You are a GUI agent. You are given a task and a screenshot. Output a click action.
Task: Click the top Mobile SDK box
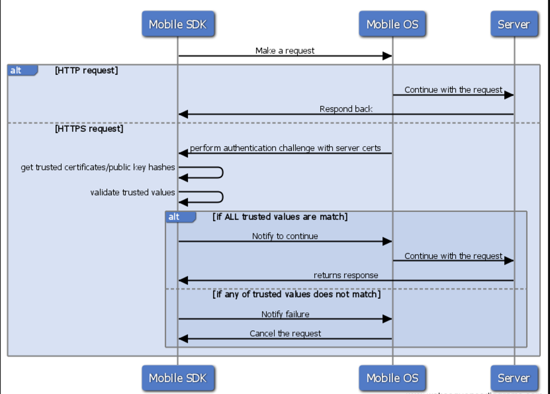(x=178, y=24)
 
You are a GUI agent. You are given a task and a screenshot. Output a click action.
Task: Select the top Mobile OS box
(x=392, y=24)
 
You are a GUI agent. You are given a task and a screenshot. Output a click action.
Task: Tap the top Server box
(x=513, y=24)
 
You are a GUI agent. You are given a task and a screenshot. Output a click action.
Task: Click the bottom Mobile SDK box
(x=178, y=378)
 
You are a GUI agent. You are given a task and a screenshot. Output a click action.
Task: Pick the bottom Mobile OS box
(x=392, y=378)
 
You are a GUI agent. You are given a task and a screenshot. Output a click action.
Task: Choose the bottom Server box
(x=513, y=378)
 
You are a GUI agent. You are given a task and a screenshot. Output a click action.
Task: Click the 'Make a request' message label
(x=285, y=50)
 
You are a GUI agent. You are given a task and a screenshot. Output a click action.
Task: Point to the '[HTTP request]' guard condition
(x=86, y=71)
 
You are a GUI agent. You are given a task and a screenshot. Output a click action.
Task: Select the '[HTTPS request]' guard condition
(x=89, y=129)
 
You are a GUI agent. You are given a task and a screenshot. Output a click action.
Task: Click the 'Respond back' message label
(x=346, y=109)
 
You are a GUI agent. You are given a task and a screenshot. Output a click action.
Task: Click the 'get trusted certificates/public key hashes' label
(x=98, y=167)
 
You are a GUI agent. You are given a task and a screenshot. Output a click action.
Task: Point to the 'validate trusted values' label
(x=132, y=192)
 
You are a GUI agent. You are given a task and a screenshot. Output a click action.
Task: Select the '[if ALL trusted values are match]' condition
(x=280, y=216)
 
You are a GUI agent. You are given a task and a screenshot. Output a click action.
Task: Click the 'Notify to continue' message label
(x=285, y=236)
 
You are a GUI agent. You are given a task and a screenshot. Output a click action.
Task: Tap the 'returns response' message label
(x=346, y=275)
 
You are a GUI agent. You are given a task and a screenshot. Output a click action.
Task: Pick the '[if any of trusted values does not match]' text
(x=297, y=294)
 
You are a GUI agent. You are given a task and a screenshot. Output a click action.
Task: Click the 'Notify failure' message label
(x=285, y=314)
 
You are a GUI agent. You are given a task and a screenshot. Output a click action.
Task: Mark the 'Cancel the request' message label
(x=285, y=333)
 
